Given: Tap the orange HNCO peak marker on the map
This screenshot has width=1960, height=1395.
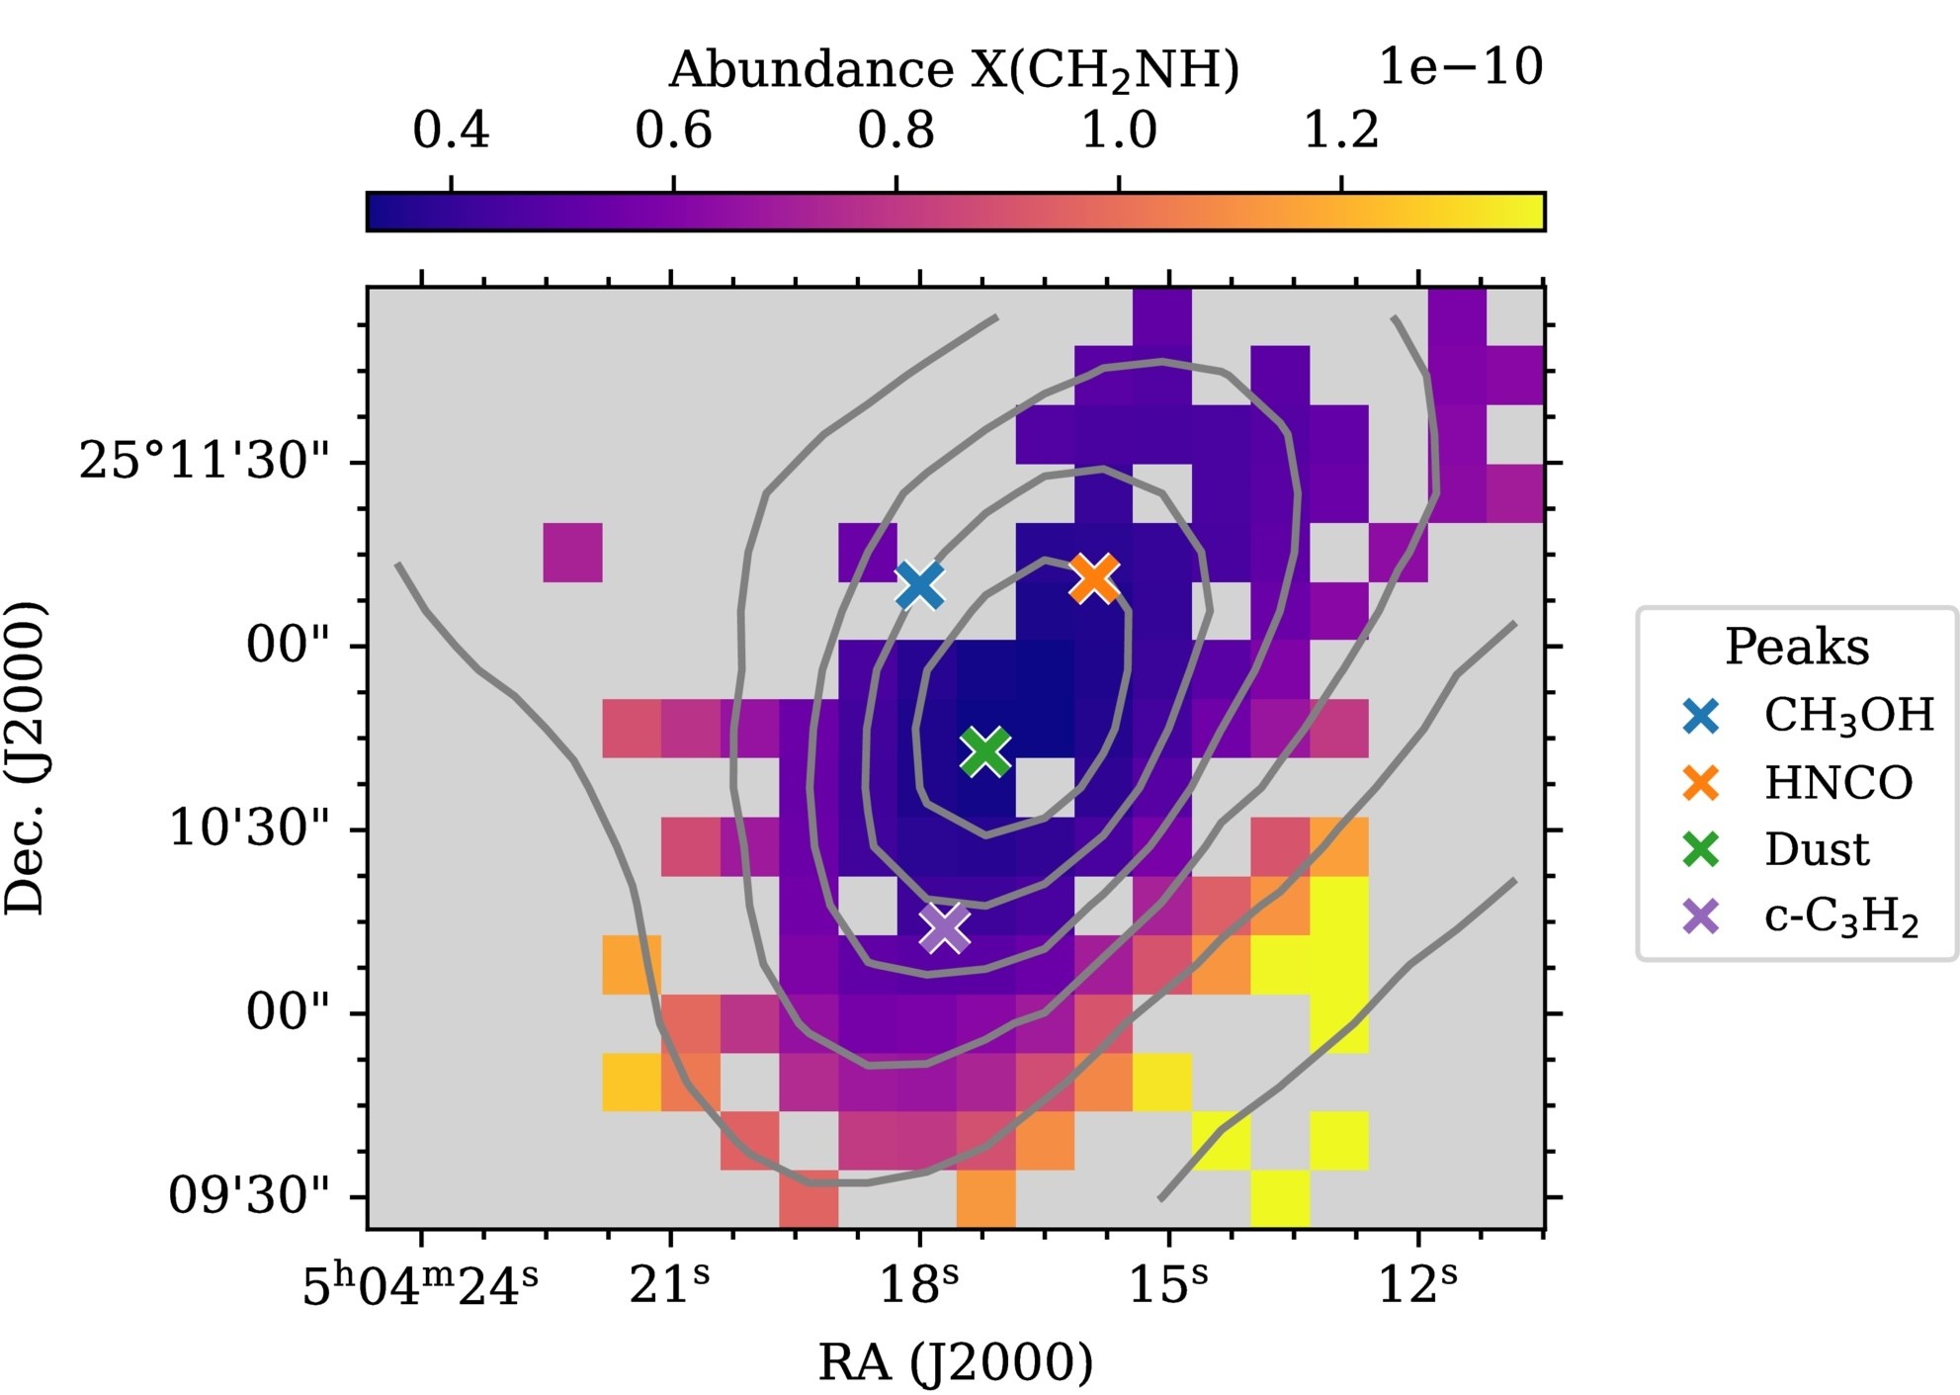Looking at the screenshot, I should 1094,578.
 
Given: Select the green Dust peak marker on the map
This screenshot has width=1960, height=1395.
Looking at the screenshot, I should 985,751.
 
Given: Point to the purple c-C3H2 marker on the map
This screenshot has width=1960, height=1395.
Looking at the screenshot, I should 945,927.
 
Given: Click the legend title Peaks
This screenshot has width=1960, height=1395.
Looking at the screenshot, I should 1797,648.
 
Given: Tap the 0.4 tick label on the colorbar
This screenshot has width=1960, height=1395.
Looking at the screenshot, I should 451,131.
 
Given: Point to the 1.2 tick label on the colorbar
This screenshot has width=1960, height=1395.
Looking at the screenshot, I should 1340,131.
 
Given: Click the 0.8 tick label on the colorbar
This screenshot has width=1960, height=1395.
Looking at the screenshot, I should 895,131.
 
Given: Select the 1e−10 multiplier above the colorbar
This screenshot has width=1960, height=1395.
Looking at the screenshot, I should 1460,67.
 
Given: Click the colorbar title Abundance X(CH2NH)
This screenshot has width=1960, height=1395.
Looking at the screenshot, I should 954,71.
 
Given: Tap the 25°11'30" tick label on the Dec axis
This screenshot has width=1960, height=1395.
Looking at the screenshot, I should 205,461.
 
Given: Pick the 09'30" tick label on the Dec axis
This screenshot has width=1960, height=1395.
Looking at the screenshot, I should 249,1196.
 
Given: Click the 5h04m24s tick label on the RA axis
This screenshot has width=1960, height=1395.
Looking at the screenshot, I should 421,1286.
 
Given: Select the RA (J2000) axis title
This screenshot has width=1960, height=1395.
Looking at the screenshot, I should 956,1362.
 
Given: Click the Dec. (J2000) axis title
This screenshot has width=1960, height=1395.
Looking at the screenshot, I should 26,757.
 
